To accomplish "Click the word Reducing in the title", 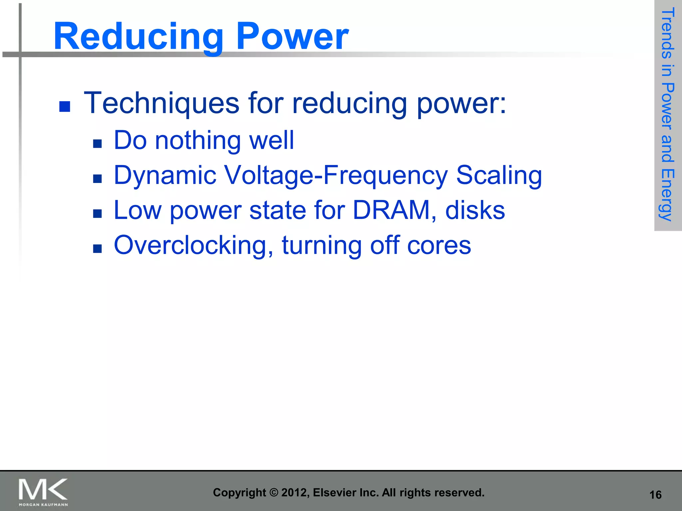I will point(138,37).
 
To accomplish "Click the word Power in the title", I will point(292,37).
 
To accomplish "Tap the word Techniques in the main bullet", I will point(162,103).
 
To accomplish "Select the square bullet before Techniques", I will point(65,106).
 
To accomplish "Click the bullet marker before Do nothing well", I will point(97,144).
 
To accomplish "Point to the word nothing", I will point(198,141).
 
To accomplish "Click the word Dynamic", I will point(165,175).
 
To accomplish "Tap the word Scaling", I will point(499,175).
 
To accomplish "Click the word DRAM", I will point(392,210).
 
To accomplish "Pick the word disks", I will point(475,210).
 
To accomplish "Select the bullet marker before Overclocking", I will point(97,249).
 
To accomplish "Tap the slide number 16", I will point(655,495).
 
